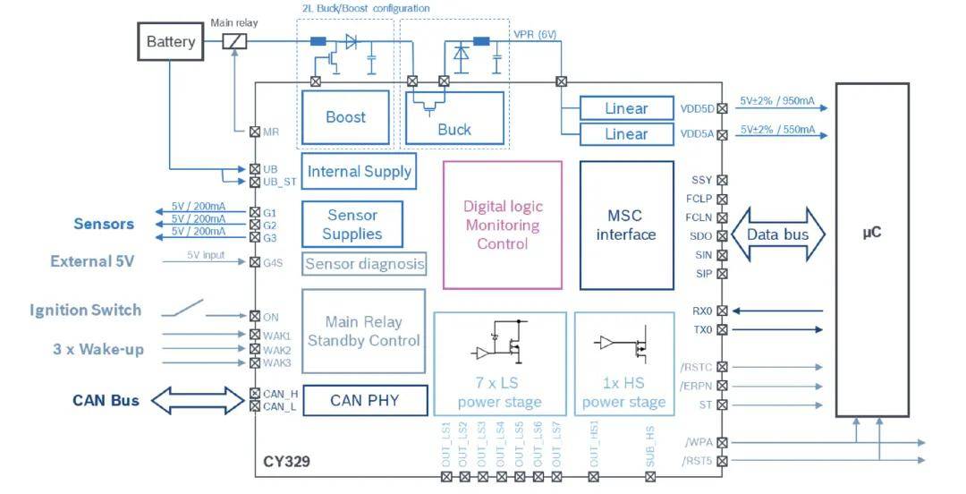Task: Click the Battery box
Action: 170,41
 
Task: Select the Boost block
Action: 345,116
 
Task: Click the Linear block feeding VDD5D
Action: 626,108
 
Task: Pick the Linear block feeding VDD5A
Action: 626,134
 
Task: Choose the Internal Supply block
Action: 359,171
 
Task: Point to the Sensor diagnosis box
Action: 364,264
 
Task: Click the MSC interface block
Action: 626,225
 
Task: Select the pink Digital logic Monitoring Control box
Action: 503,225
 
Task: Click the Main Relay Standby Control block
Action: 363,330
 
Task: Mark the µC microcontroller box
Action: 872,249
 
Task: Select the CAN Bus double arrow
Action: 197,400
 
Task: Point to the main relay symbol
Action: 234,41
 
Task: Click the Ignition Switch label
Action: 85,310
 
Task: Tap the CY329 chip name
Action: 286,463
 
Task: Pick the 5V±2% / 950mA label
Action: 777,103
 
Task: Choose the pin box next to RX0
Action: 722,311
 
